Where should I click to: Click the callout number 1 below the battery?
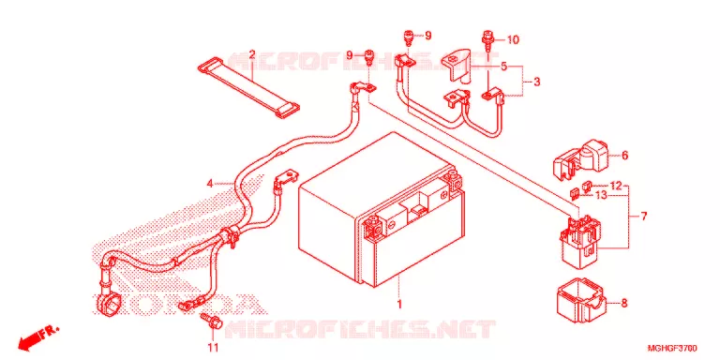point(399,304)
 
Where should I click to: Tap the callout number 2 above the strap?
point(251,54)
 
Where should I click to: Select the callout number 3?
point(537,82)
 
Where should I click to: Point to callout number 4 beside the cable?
point(210,184)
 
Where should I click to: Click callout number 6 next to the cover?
point(624,156)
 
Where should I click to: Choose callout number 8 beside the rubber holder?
point(624,303)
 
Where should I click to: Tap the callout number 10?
point(513,40)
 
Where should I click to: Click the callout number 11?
point(213,345)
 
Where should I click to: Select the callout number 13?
point(601,195)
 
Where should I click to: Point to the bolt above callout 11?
point(211,321)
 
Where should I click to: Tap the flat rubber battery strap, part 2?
point(248,90)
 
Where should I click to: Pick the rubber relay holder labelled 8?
point(582,300)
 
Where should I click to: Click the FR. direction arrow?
point(39,337)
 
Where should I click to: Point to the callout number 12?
point(616,186)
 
